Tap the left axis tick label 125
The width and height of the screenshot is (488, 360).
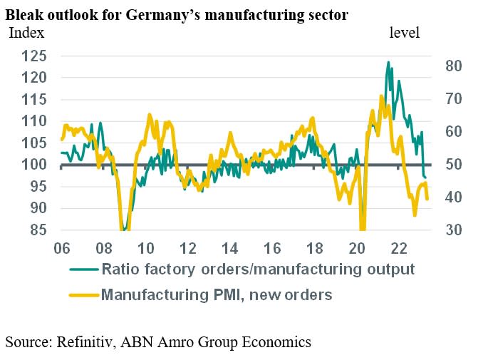click(35, 56)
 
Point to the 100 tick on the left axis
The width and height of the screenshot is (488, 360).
click(35, 165)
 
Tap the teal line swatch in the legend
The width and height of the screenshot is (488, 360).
click(83, 269)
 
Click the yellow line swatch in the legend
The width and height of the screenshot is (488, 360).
click(83, 293)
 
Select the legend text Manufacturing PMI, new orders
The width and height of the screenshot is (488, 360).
click(217, 293)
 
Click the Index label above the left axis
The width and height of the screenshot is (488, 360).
click(26, 33)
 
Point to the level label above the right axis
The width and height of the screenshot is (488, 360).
click(405, 33)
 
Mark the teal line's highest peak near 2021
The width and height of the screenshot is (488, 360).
click(388, 63)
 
